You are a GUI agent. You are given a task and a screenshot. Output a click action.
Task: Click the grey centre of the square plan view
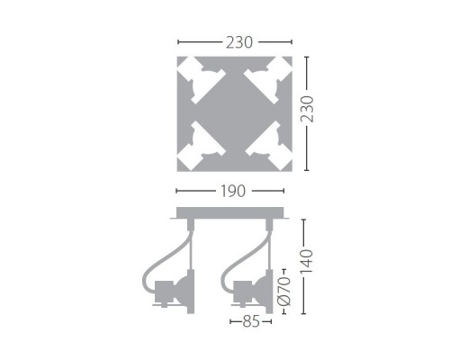click(235, 112)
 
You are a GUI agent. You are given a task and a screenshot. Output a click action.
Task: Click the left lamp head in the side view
click(171, 291)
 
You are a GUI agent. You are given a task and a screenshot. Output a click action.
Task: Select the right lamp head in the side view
click(248, 291)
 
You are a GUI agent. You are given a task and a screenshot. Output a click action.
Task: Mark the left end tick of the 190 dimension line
click(177, 191)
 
